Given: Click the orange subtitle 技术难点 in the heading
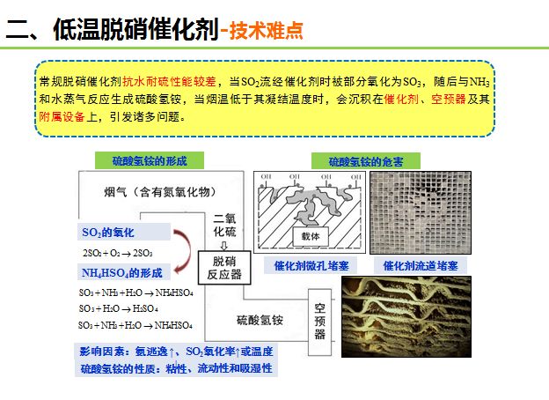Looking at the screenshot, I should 265,30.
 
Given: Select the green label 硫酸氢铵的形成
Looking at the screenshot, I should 149,160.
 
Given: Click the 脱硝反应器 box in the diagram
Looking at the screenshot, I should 226,267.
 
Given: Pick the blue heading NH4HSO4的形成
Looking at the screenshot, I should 122,274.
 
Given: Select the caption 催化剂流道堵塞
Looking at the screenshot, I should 414,265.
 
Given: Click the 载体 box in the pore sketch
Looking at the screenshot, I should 314,236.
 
